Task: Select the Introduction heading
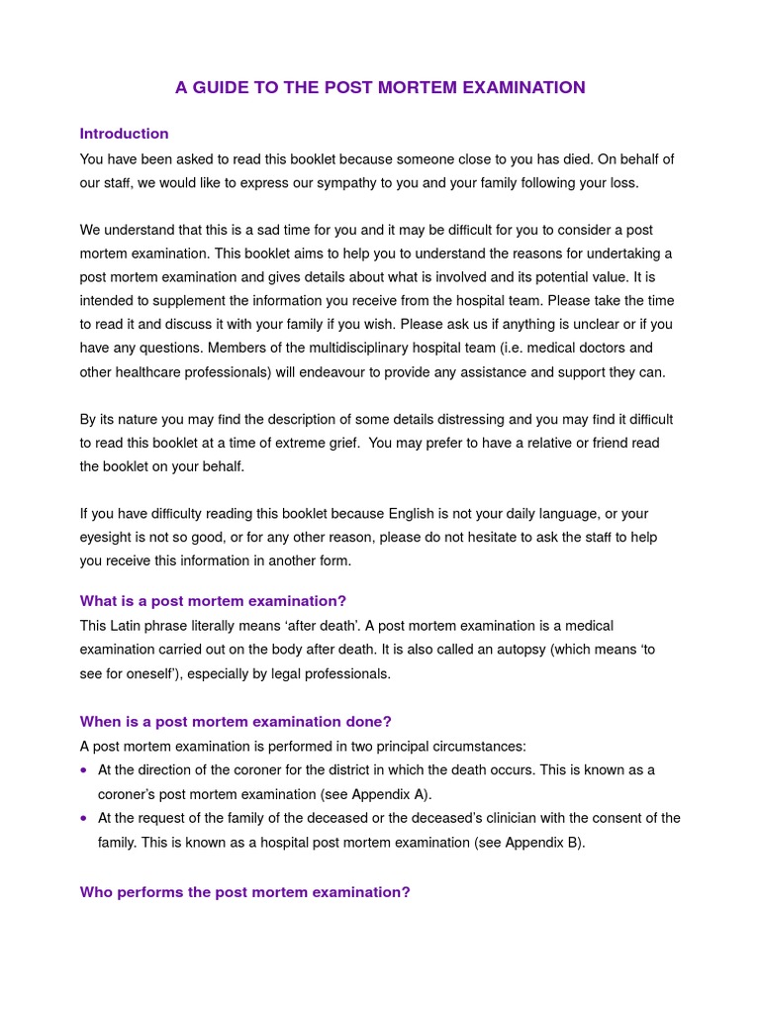pyautogui.click(x=124, y=134)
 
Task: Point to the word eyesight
pyautogui.click(x=108, y=538)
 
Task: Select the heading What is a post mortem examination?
pyautogui.click(x=213, y=601)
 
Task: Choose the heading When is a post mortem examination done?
pyautogui.click(x=236, y=722)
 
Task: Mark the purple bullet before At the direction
pyautogui.click(x=85, y=770)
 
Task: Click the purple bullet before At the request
pyautogui.click(x=85, y=818)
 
